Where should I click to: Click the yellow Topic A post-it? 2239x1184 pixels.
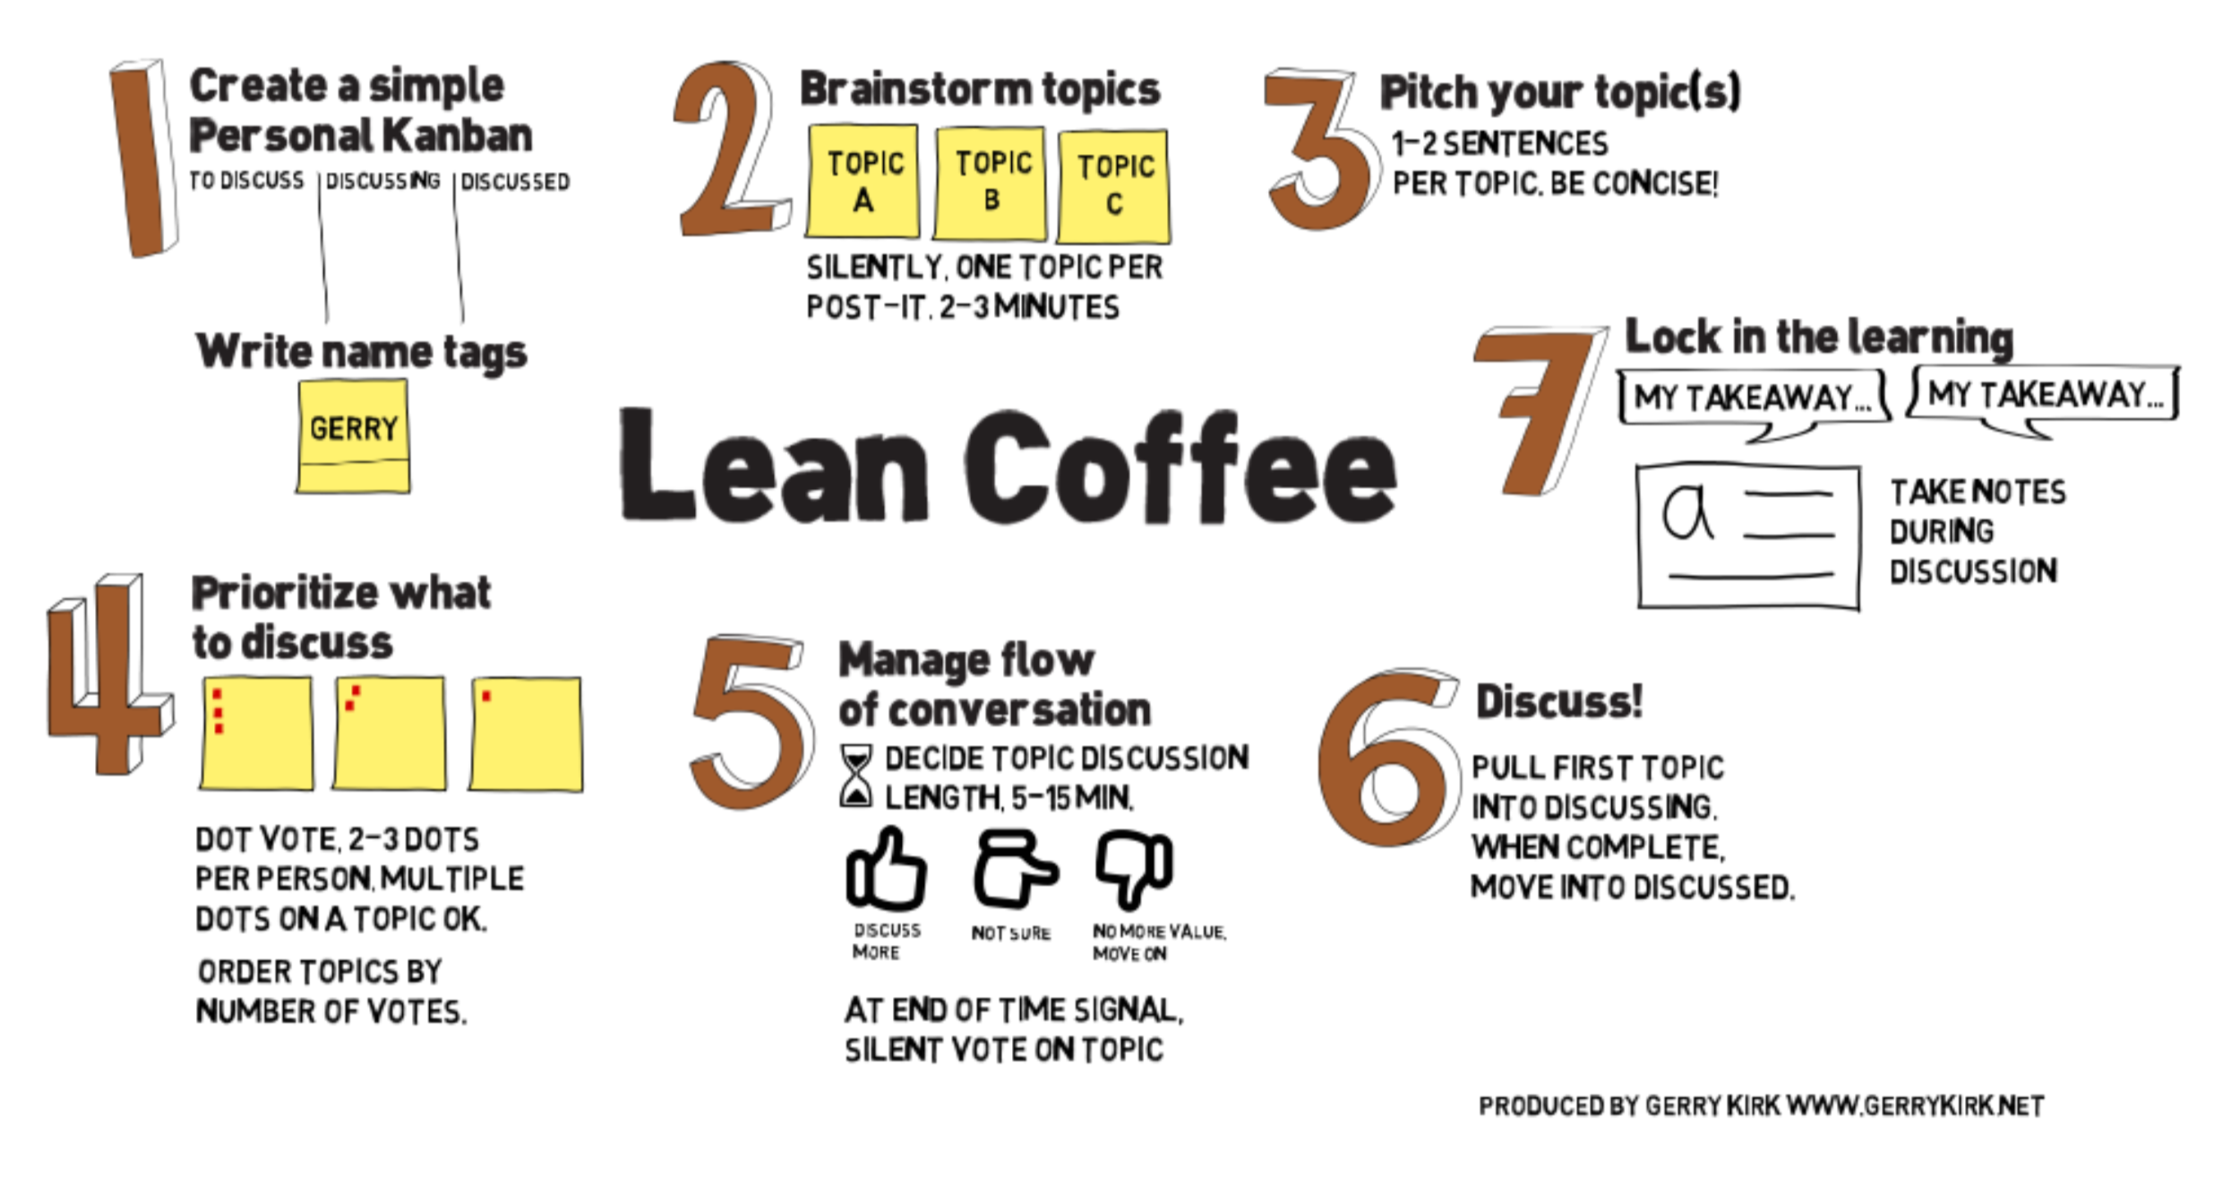click(862, 181)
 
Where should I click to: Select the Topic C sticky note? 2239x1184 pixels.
click(1113, 185)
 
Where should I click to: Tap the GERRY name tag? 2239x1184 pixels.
click(353, 436)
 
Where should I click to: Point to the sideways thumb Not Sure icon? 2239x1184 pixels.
click(1014, 869)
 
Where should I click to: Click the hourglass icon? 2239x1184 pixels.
click(856, 776)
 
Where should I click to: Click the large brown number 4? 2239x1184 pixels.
click(109, 676)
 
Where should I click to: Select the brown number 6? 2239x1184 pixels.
click(1384, 759)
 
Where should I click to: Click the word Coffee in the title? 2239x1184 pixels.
click(1180, 468)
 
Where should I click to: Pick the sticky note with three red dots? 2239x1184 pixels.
click(257, 734)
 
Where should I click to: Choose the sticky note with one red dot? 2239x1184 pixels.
click(526, 734)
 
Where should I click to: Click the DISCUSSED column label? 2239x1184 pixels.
click(515, 182)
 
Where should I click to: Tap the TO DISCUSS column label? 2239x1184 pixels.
click(246, 180)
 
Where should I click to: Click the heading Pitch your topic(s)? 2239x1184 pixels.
click(1560, 92)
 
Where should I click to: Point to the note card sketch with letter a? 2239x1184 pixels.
click(1748, 536)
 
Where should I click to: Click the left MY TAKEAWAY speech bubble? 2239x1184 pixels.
click(1753, 398)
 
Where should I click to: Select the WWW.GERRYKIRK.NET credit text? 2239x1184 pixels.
click(1915, 1106)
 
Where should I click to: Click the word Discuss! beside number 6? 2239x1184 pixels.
click(1559, 701)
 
